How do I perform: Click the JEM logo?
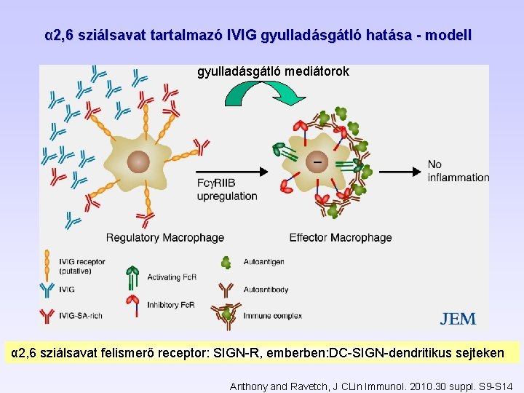pyautogui.click(x=458, y=319)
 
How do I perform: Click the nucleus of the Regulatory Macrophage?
pyautogui.click(x=138, y=162)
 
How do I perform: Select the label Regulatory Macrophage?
pyautogui.click(x=165, y=237)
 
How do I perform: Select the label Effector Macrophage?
pyautogui.click(x=340, y=237)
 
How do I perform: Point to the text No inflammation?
pyautogui.click(x=458, y=171)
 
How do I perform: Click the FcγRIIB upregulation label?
pyautogui.click(x=227, y=189)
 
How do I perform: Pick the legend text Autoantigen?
pyautogui.click(x=264, y=262)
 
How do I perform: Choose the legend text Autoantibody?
pyautogui.click(x=265, y=289)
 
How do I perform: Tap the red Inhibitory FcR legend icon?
pyautogui.click(x=132, y=303)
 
